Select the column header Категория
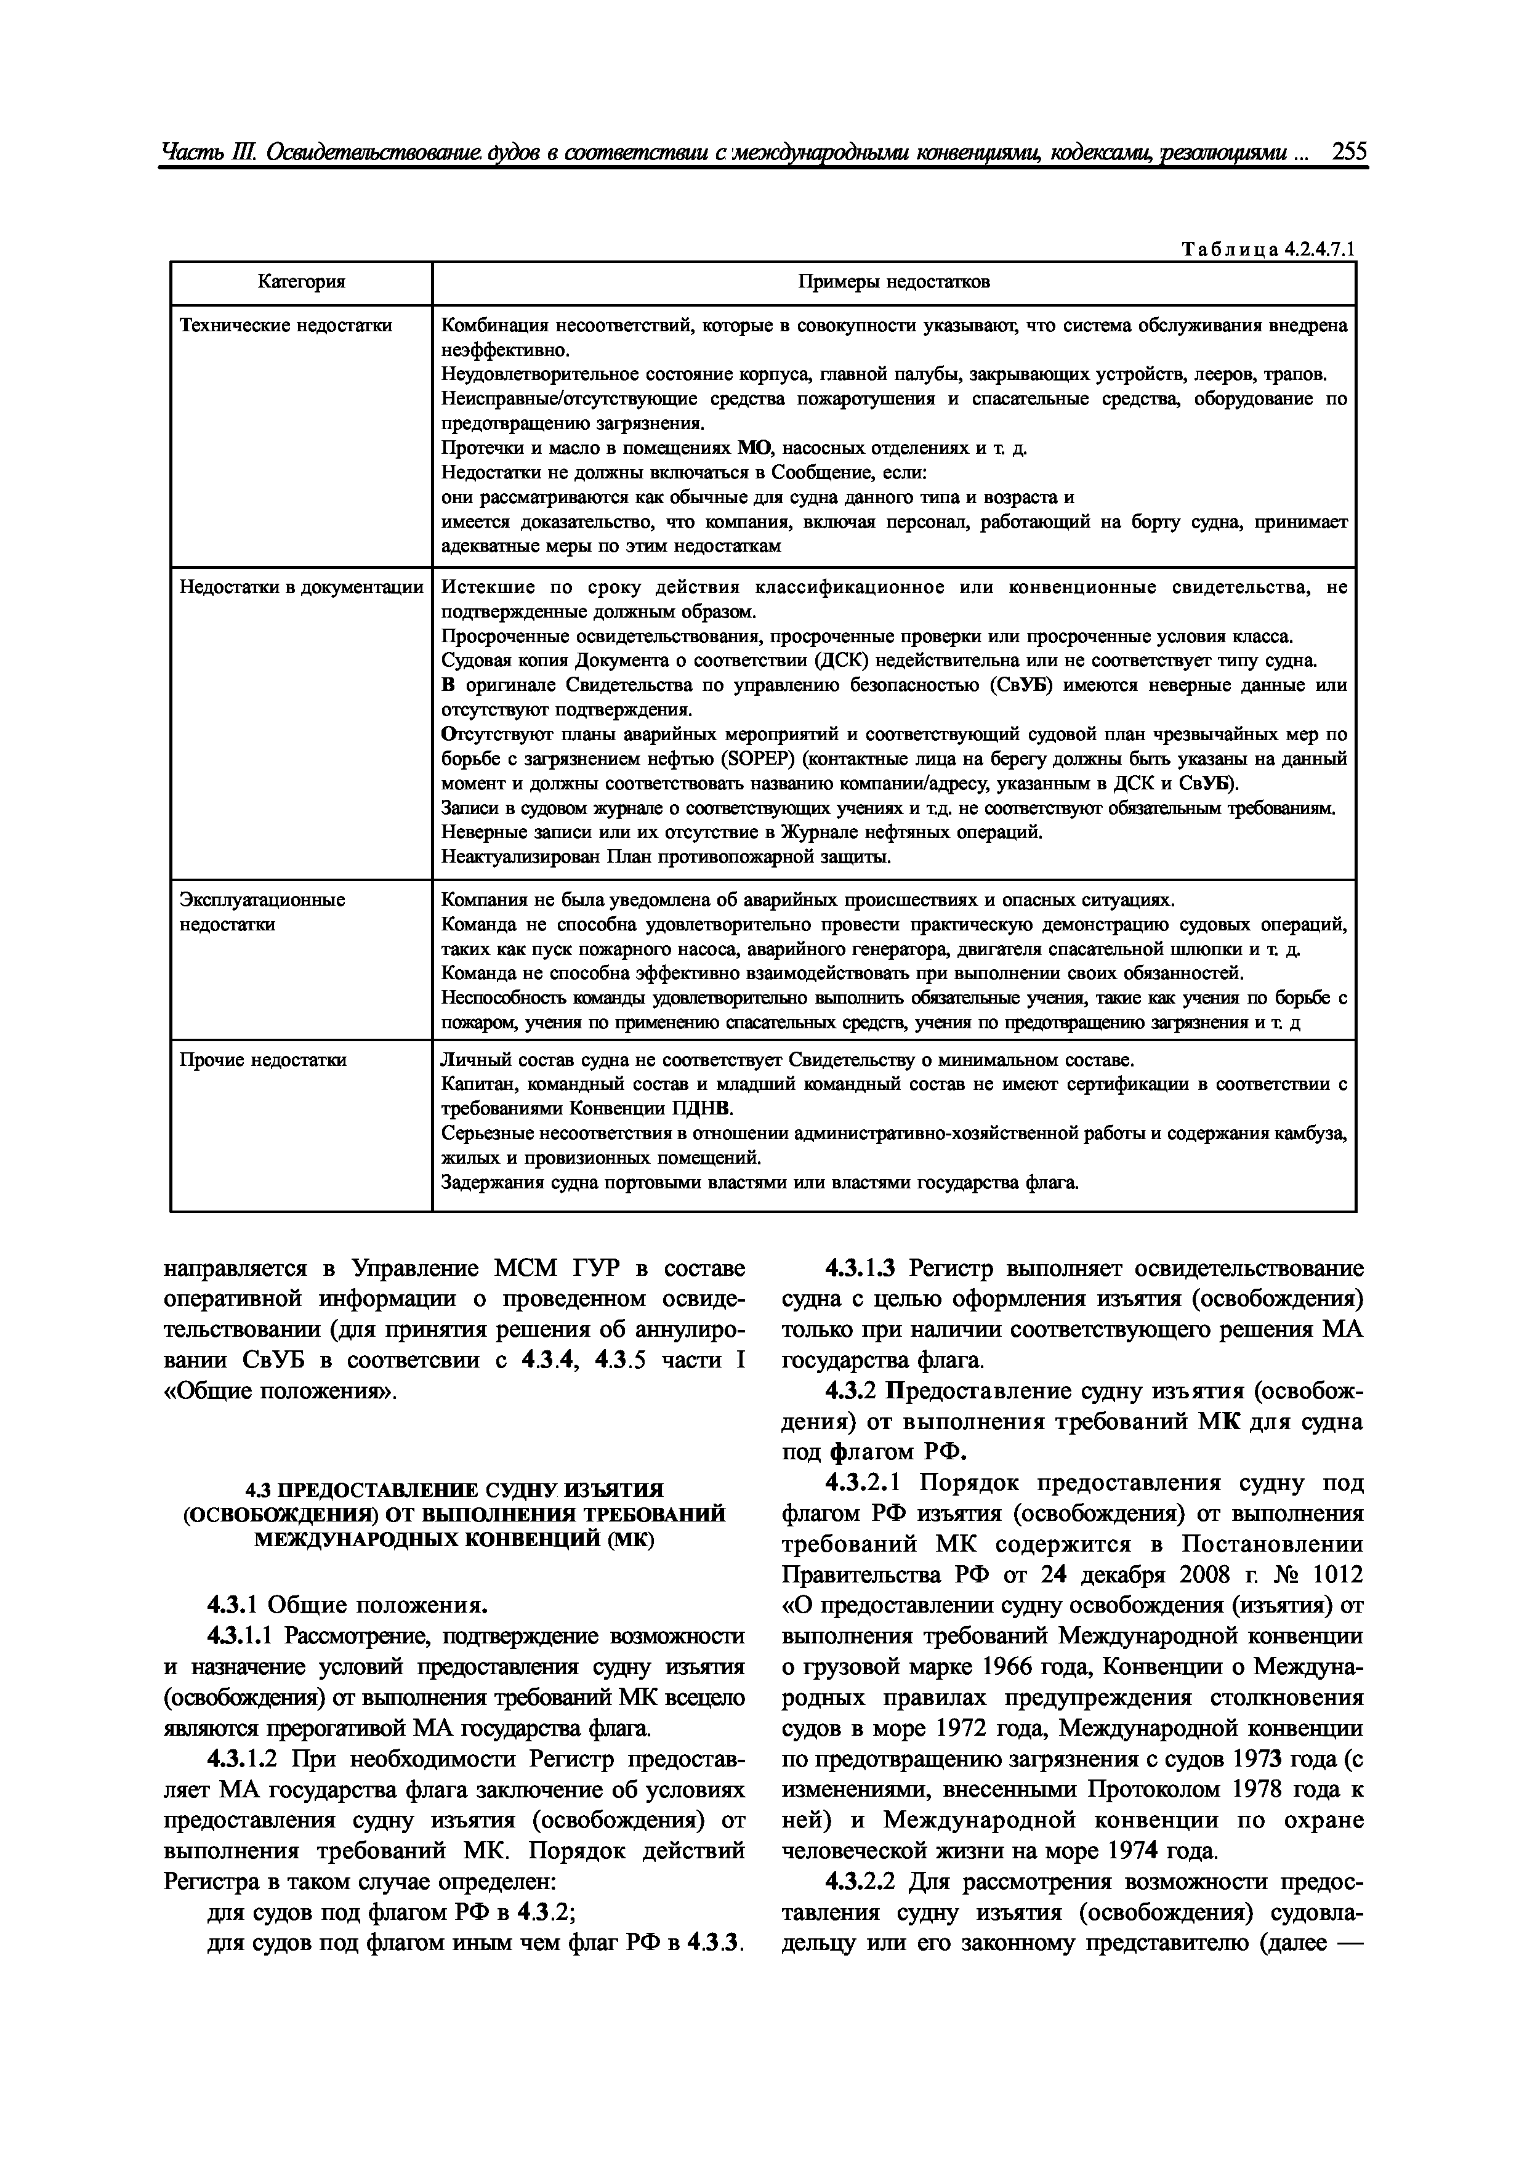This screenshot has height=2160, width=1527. pyautogui.click(x=301, y=282)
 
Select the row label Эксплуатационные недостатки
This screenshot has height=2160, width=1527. pyautogui.click(x=262, y=912)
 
